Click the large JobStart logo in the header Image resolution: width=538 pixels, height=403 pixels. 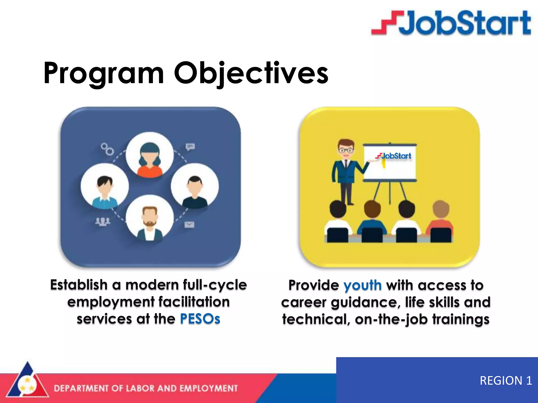[x=451, y=23]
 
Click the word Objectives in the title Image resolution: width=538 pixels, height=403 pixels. [x=251, y=73]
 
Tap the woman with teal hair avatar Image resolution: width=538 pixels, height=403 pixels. [x=149, y=156]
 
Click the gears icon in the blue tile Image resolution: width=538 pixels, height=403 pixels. [x=107, y=149]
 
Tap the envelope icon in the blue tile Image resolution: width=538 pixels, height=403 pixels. [x=189, y=225]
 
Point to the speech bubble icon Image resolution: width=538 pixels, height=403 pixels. [x=190, y=147]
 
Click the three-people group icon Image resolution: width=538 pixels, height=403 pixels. [x=102, y=222]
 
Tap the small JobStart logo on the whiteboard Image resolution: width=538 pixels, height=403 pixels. [x=393, y=156]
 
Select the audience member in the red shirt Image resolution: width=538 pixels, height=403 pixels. [x=440, y=220]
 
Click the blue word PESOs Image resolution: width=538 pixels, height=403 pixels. [x=200, y=319]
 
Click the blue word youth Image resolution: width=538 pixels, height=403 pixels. [x=363, y=285]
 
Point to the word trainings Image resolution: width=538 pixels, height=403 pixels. [x=461, y=320]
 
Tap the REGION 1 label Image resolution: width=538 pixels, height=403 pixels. [x=506, y=380]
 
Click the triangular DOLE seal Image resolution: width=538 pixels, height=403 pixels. [x=27, y=383]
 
